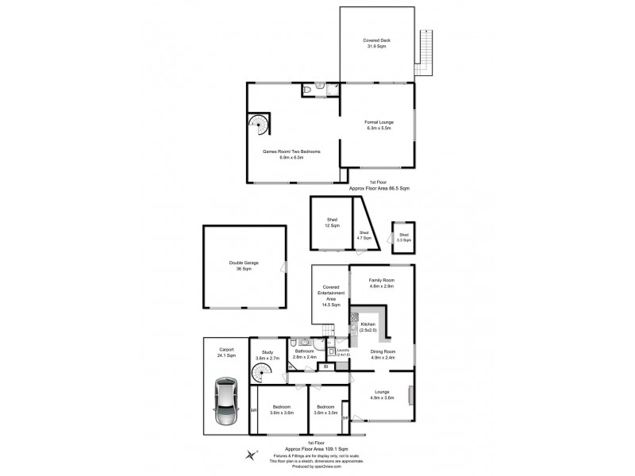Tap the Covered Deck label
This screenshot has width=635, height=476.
tap(376, 43)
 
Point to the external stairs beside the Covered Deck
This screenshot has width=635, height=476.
tap(426, 52)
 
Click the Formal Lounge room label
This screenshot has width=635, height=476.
tap(377, 125)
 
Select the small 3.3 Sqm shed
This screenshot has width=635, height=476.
tap(404, 236)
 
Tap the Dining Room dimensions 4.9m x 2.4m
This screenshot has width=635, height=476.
tap(383, 359)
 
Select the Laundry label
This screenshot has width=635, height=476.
tap(343, 352)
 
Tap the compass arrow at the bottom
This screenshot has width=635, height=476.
tap(252, 454)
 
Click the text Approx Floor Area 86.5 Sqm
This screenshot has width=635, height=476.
tap(379, 188)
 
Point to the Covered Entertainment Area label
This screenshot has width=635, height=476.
tap(330, 295)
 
